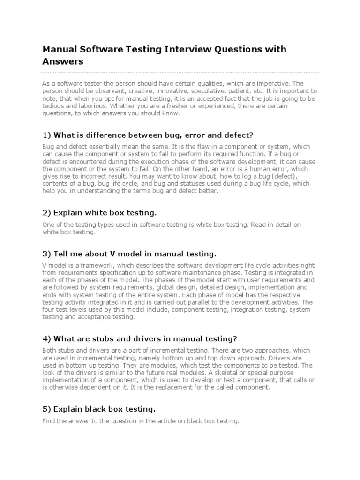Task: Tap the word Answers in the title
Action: (63, 61)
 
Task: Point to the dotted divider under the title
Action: (180, 72)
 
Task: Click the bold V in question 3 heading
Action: (112, 254)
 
